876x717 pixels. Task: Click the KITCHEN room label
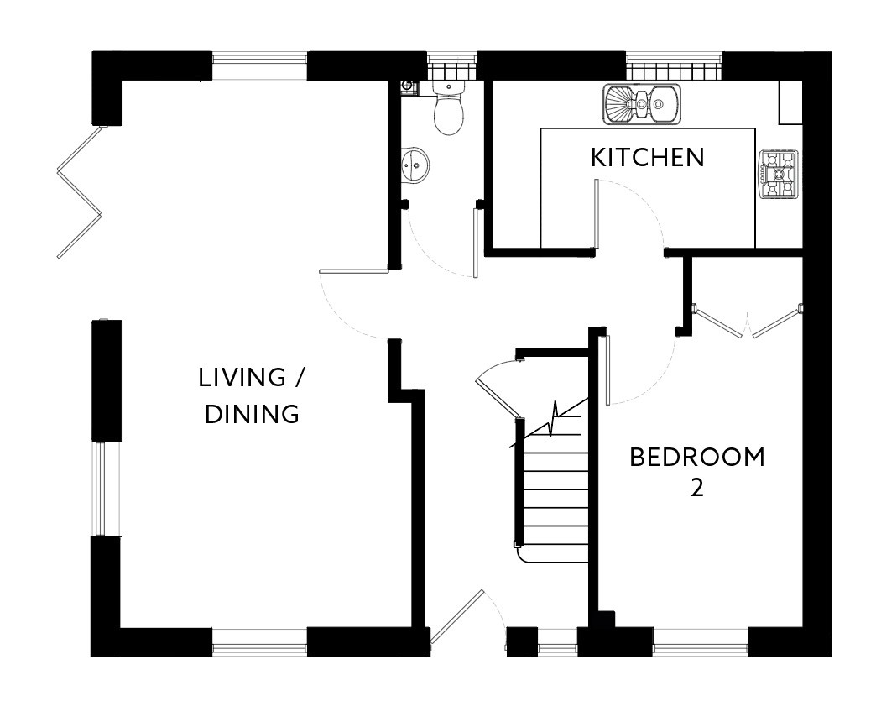click(648, 158)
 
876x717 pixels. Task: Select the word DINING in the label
click(252, 414)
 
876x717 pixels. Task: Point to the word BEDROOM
click(697, 457)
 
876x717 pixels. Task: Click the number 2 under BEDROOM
click(697, 488)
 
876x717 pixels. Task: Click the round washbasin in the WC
click(415, 165)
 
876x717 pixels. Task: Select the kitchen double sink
click(641, 104)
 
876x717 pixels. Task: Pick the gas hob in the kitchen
click(778, 175)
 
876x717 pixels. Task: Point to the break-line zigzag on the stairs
click(553, 419)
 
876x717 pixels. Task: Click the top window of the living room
click(259, 66)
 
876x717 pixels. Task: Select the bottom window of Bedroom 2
click(701, 641)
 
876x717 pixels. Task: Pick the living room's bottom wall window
click(260, 641)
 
